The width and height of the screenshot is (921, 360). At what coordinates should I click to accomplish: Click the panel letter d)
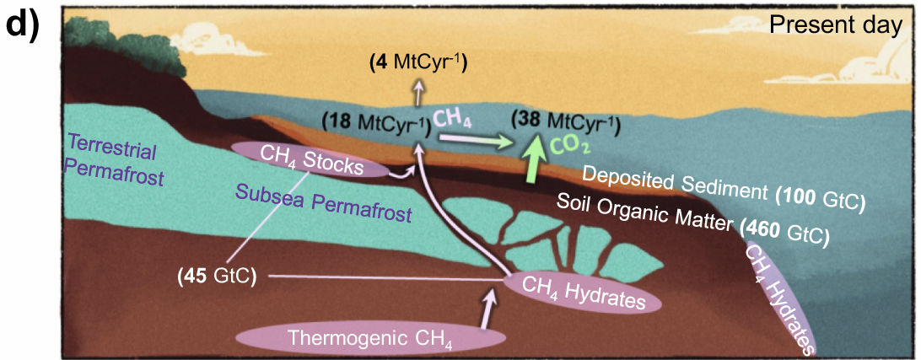(x=21, y=24)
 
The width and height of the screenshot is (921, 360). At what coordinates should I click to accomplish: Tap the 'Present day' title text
(x=835, y=25)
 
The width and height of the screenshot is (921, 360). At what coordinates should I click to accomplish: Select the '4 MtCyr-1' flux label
(x=418, y=63)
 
